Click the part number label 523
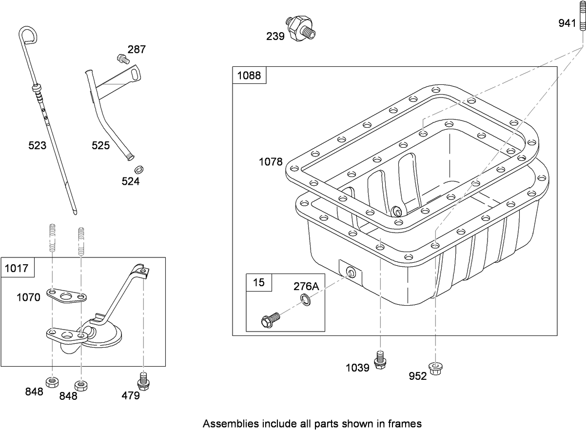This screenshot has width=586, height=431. [37, 145]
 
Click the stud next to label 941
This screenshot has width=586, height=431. [582, 22]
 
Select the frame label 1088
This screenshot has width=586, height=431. [249, 76]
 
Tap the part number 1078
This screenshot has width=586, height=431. [271, 162]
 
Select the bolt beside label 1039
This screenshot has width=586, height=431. [380, 360]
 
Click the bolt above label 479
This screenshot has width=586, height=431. [142, 379]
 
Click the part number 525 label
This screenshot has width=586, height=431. [101, 145]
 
